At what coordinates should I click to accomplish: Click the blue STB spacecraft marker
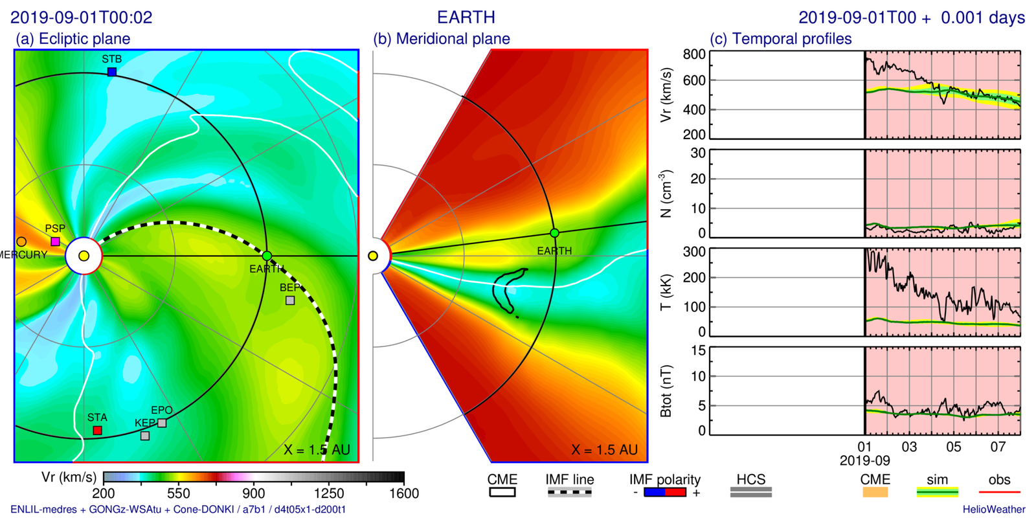click(112, 72)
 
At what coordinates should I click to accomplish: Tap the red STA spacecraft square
click(97, 431)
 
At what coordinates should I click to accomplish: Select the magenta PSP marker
click(55, 242)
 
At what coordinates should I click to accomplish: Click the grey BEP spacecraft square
click(290, 300)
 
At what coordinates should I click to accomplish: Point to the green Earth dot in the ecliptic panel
click(267, 256)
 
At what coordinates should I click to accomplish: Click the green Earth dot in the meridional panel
click(554, 233)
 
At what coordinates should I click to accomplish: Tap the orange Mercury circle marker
click(21, 242)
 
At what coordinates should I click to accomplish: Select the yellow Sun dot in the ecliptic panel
click(84, 256)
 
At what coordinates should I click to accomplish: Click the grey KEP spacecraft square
click(145, 436)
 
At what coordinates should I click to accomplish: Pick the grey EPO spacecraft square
click(162, 423)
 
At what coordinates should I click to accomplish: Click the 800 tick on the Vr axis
click(694, 54)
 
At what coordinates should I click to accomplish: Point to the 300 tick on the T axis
click(694, 252)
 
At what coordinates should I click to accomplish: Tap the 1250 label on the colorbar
click(329, 493)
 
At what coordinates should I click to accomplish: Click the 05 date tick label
click(953, 447)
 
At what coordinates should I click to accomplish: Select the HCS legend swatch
click(750, 493)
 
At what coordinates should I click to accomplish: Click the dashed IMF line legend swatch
click(569, 493)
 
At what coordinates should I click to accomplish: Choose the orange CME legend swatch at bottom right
click(875, 493)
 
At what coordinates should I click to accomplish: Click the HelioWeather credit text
click(993, 510)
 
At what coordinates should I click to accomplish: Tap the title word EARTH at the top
click(466, 17)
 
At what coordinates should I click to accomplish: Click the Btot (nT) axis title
click(666, 391)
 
